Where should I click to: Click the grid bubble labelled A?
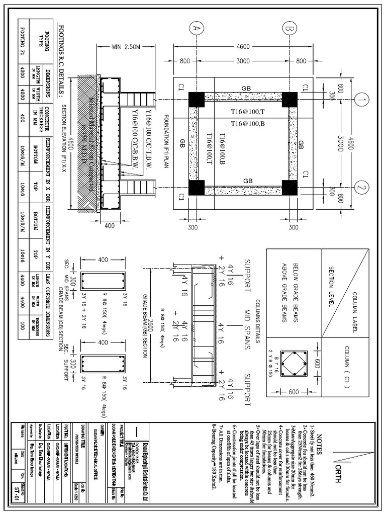(196, 30)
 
